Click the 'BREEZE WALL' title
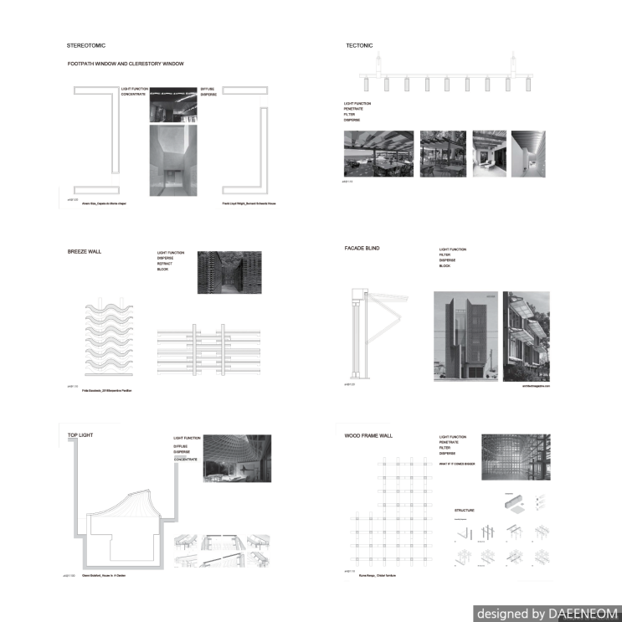tap(84, 250)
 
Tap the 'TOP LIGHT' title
tap(80, 436)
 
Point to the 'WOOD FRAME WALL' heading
tap(368, 436)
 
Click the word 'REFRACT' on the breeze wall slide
tap(165, 264)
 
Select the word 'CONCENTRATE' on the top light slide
tap(185, 460)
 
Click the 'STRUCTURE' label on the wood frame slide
tap(464, 510)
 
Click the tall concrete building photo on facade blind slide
tap(465, 335)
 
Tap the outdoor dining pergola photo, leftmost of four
tap(378, 154)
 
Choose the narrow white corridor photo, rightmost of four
tap(527, 154)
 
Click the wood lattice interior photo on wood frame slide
tap(516, 456)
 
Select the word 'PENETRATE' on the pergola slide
tap(357, 109)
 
